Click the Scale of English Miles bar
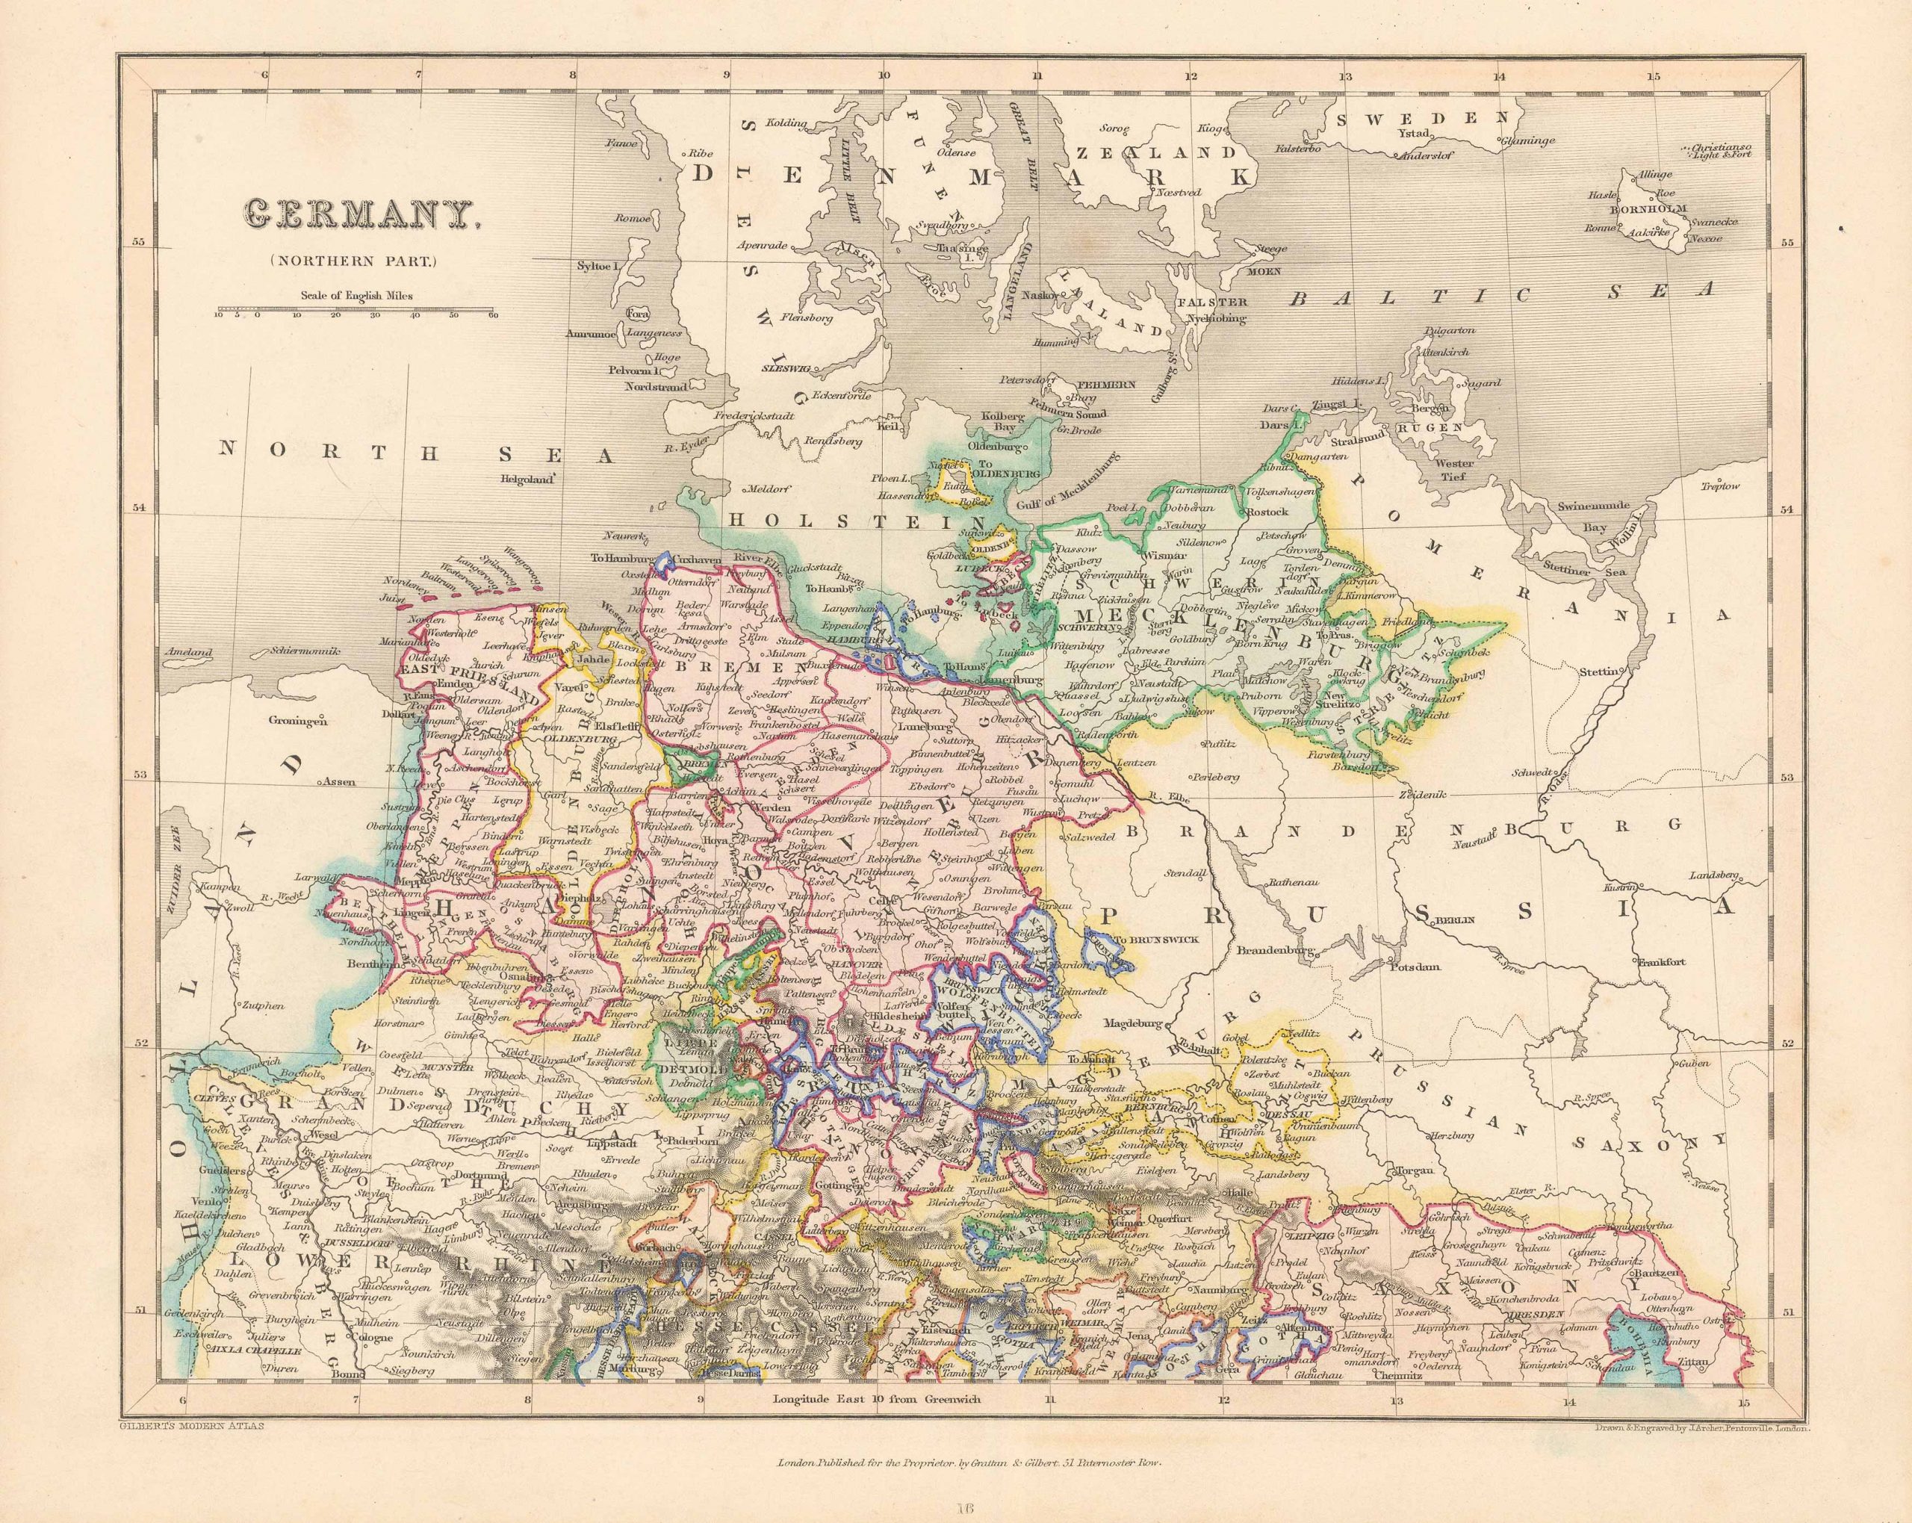tap(355, 311)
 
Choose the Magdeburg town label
tap(1132, 1023)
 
